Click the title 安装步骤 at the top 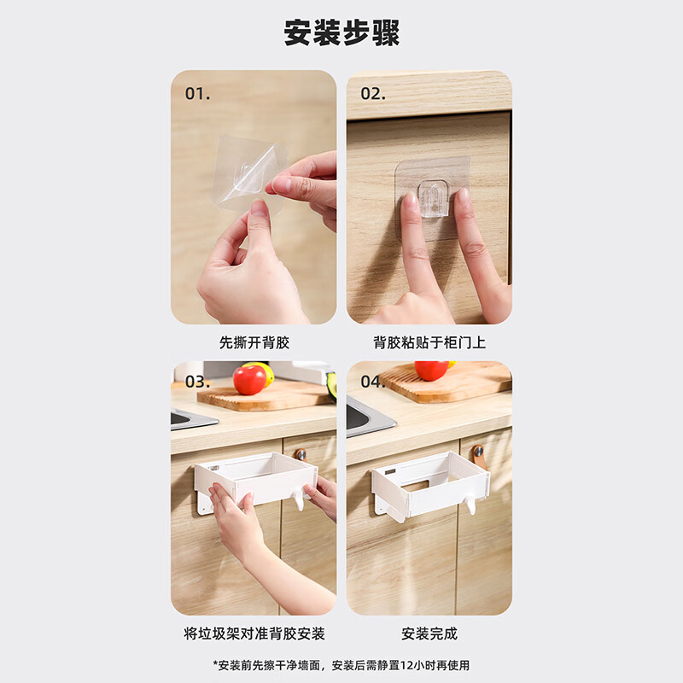point(341,33)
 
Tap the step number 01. point(197,94)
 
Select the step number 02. point(372,94)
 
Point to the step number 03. point(197,382)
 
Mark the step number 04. point(372,382)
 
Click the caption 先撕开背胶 point(254,342)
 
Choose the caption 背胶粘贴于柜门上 point(429,342)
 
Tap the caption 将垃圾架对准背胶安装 point(254,633)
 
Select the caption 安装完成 point(429,633)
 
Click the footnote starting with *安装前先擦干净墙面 point(341,665)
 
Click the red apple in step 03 point(249,380)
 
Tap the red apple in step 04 point(431,371)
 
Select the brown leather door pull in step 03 point(301,454)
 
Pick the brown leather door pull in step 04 point(478,455)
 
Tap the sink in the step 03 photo point(190,418)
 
